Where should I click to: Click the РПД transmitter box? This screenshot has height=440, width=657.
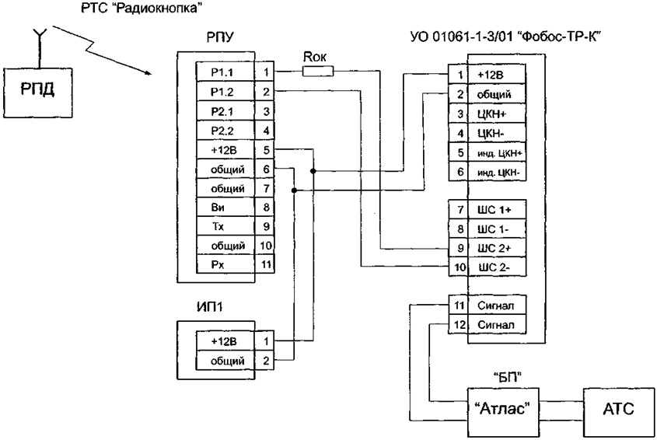tap(38, 93)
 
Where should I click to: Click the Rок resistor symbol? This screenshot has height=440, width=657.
tap(318, 72)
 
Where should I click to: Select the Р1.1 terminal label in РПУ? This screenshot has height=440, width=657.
tap(222, 72)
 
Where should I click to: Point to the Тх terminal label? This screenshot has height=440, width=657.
tap(218, 227)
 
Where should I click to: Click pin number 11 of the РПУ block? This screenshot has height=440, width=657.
tap(266, 265)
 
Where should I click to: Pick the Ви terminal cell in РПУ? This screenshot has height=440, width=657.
tap(225, 208)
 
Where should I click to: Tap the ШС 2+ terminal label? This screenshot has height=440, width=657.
tap(494, 248)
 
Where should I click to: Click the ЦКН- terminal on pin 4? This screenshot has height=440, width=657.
tap(491, 133)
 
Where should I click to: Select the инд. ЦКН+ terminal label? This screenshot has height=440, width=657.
tap(499, 153)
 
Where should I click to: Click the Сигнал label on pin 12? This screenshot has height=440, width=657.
tap(496, 325)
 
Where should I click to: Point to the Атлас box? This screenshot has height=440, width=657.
tap(503, 412)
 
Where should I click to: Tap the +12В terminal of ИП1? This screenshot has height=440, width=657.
tap(225, 341)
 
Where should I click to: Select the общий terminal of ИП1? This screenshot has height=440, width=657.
tap(225, 361)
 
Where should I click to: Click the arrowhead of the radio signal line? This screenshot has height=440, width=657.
tap(148, 74)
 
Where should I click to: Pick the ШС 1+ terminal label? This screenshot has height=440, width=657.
tap(494, 210)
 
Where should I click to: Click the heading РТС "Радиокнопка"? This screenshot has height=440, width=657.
tap(139, 8)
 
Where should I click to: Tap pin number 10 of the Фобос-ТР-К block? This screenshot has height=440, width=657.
tap(460, 267)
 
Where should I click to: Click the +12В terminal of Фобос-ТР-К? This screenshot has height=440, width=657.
tap(491, 75)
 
